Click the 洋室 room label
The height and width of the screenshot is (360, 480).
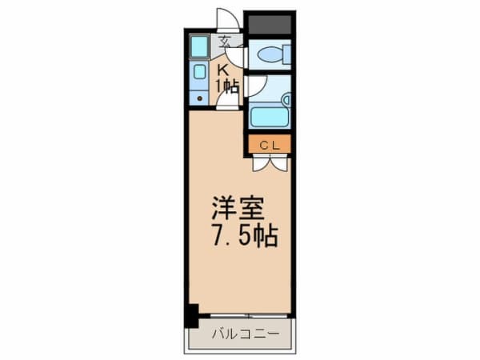click(238, 207)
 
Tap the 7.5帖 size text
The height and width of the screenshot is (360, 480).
click(246, 236)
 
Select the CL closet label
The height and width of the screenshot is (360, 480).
click(270, 146)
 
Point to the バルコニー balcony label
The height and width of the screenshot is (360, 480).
click(246, 334)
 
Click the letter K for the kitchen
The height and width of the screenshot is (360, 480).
click(223, 70)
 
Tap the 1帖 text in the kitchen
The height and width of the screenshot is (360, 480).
click(227, 86)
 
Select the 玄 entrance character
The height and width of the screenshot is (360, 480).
click(225, 42)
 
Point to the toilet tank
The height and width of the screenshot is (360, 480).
click(287, 54)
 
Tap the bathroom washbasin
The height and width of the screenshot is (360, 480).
click(287, 100)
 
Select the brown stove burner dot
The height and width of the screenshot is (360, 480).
click(200, 98)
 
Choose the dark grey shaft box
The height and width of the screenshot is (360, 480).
click(270, 25)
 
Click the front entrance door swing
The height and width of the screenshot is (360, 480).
click(228, 19)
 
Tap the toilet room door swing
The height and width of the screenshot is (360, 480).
click(236, 56)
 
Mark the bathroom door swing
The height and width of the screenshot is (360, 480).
click(257, 86)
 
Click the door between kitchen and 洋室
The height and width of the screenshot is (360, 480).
click(227, 101)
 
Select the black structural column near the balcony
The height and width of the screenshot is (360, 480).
click(192, 315)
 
